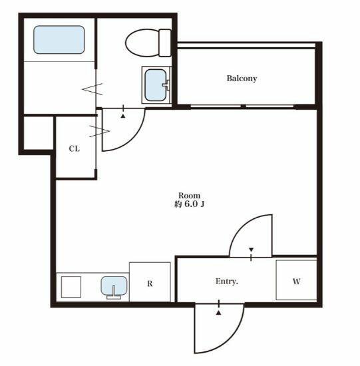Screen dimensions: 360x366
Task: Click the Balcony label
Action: click(242, 79)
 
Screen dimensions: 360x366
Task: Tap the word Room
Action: click(190, 196)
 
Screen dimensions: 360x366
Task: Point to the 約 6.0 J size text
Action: click(190, 204)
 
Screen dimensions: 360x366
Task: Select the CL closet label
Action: click(75, 148)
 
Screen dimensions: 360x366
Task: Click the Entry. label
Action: click(226, 281)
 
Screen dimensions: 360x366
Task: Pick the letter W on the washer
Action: click(296, 281)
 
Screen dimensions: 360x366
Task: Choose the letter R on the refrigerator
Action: click(150, 283)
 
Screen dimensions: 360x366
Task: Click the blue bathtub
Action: click(59, 40)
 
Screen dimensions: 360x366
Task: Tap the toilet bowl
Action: click(142, 43)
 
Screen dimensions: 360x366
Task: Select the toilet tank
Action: click(165, 43)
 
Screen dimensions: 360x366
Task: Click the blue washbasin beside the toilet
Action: click(156, 85)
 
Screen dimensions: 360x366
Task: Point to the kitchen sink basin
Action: click(114, 285)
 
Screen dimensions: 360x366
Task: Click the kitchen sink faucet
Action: click(114, 293)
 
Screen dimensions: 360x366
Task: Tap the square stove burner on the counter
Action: click(71, 287)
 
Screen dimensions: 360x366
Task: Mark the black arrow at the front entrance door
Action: click(218, 313)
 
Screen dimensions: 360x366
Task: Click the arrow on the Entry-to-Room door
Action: click(252, 250)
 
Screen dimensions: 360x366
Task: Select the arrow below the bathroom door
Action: click(123, 116)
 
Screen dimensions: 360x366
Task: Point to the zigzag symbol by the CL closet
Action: click(99, 131)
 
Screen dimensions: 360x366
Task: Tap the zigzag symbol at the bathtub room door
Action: click(92, 89)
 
